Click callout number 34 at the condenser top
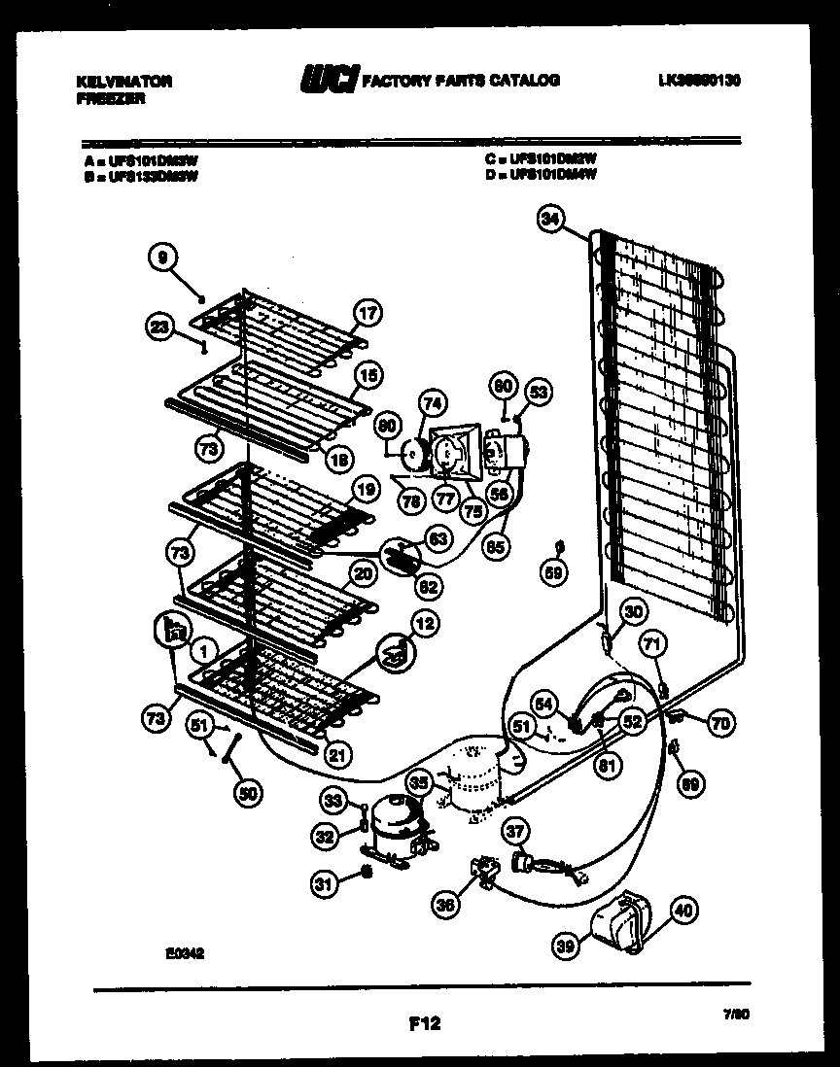[550, 221]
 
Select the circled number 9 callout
[162, 258]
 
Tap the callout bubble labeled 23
[162, 327]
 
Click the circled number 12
[424, 624]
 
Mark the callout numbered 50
[248, 794]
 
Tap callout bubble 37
[516, 831]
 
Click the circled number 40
[684, 911]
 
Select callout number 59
[553, 573]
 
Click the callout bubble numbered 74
[432, 403]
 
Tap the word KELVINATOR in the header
[123, 82]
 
